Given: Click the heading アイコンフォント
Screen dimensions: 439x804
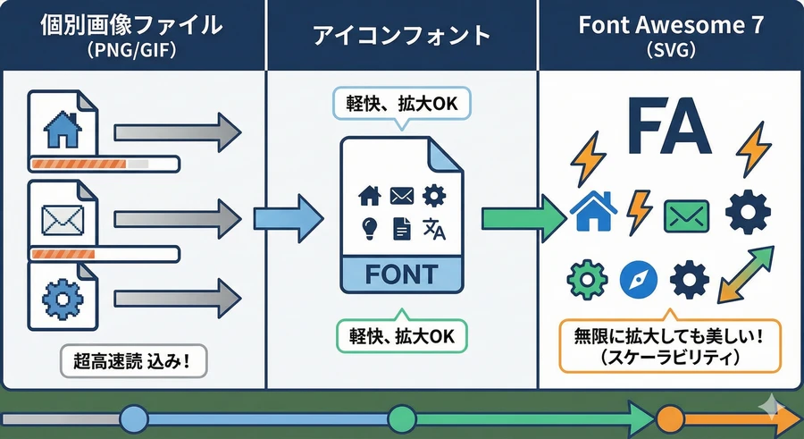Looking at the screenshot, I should point(402,35).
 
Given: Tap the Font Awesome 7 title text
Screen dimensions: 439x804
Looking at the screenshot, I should point(669,24).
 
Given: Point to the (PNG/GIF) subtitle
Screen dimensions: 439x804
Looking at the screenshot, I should point(132,51).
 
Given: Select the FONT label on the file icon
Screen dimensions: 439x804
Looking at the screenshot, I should point(402,274).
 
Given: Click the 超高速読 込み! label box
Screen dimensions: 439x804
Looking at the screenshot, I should point(133,362).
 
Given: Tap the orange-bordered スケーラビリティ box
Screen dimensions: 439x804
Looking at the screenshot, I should point(669,345).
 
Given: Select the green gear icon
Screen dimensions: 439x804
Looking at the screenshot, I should point(587,281).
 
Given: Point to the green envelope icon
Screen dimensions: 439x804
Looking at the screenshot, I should point(686,215).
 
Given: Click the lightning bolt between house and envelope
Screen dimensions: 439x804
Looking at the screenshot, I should point(641,211).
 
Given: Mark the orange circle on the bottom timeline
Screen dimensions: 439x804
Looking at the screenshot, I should point(669,418).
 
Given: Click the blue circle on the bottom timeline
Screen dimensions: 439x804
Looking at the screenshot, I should point(133,418).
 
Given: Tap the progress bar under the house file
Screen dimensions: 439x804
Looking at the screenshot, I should point(105,164).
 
